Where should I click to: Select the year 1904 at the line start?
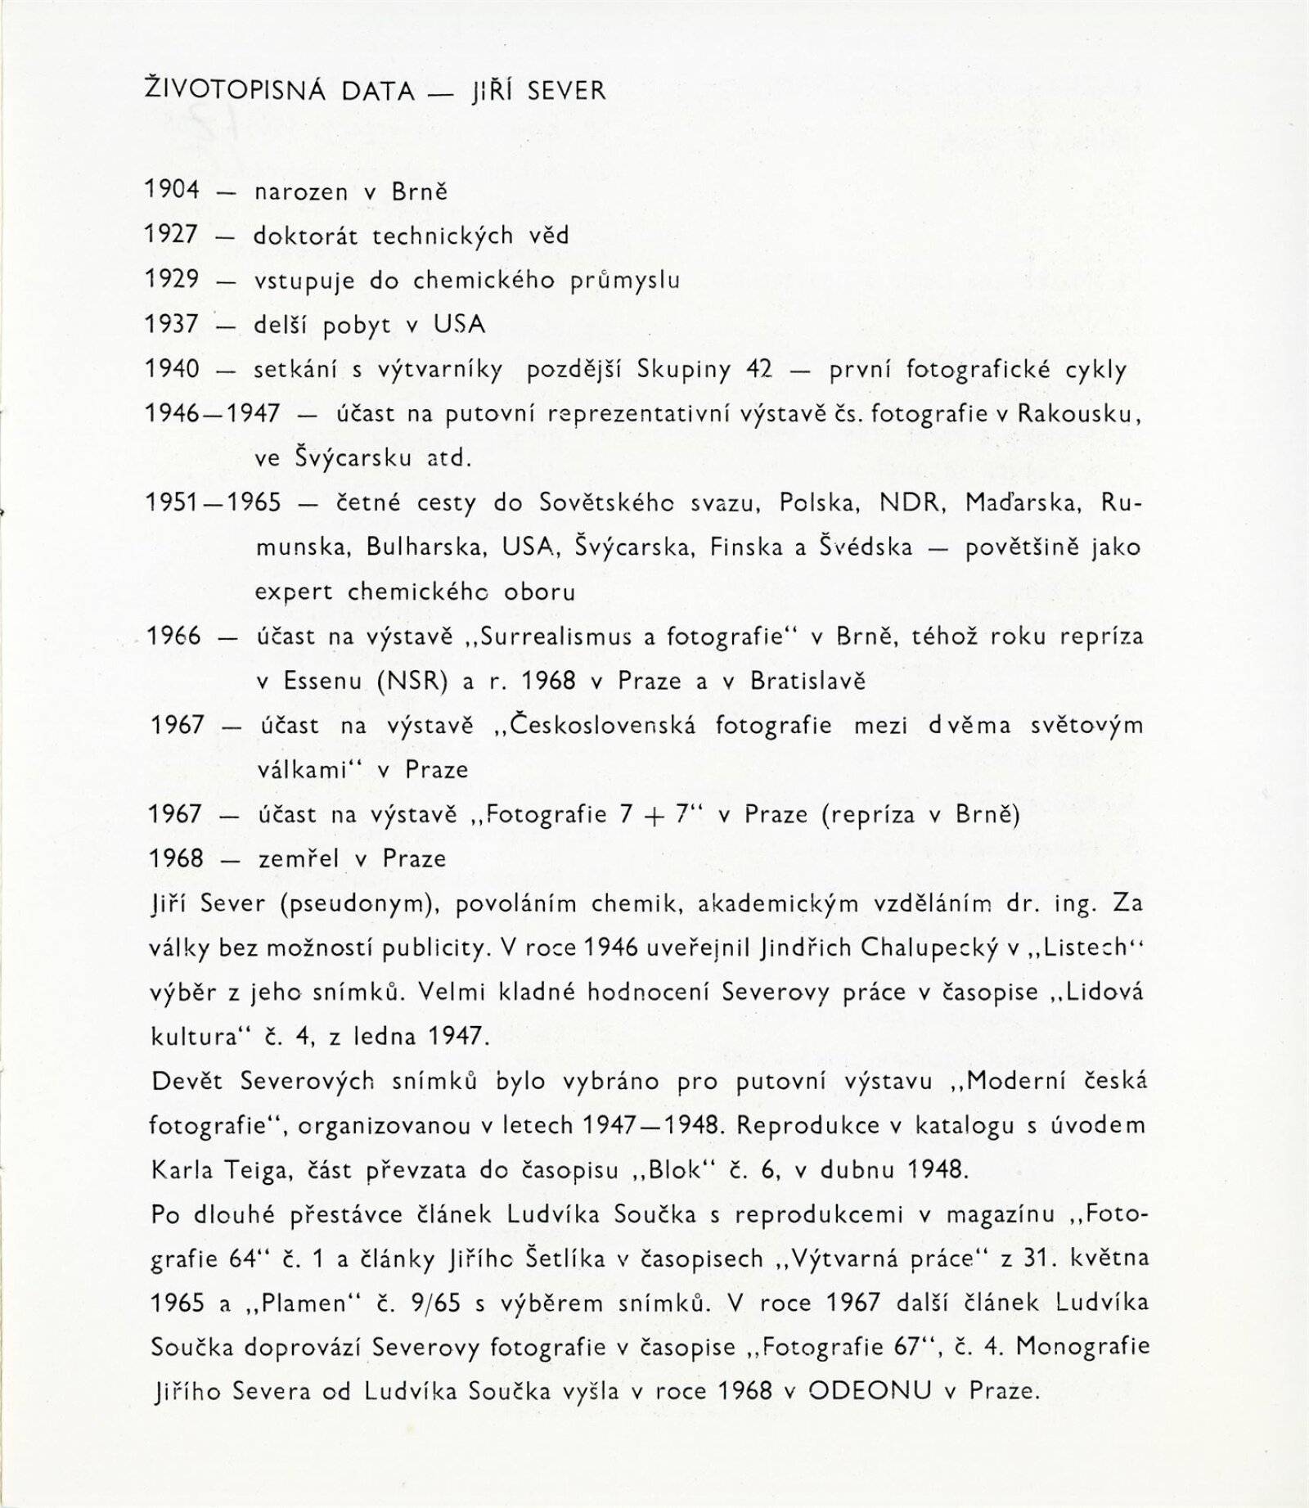[x=173, y=191]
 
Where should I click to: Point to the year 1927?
[x=173, y=236]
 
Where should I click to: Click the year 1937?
[x=173, y=325]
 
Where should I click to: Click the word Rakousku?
[x=1078, y=414]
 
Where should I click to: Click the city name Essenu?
[x=322, y=681]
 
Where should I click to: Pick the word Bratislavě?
[x=807, y=681]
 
